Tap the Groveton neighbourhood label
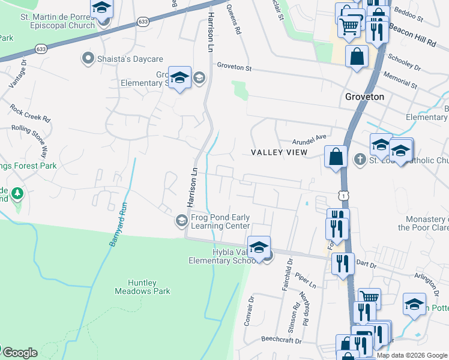364,96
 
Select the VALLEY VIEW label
279,152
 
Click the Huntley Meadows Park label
142,287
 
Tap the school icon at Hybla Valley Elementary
259,247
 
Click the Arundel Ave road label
309,140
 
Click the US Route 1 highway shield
342,196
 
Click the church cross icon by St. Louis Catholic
360,159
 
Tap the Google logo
20,352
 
